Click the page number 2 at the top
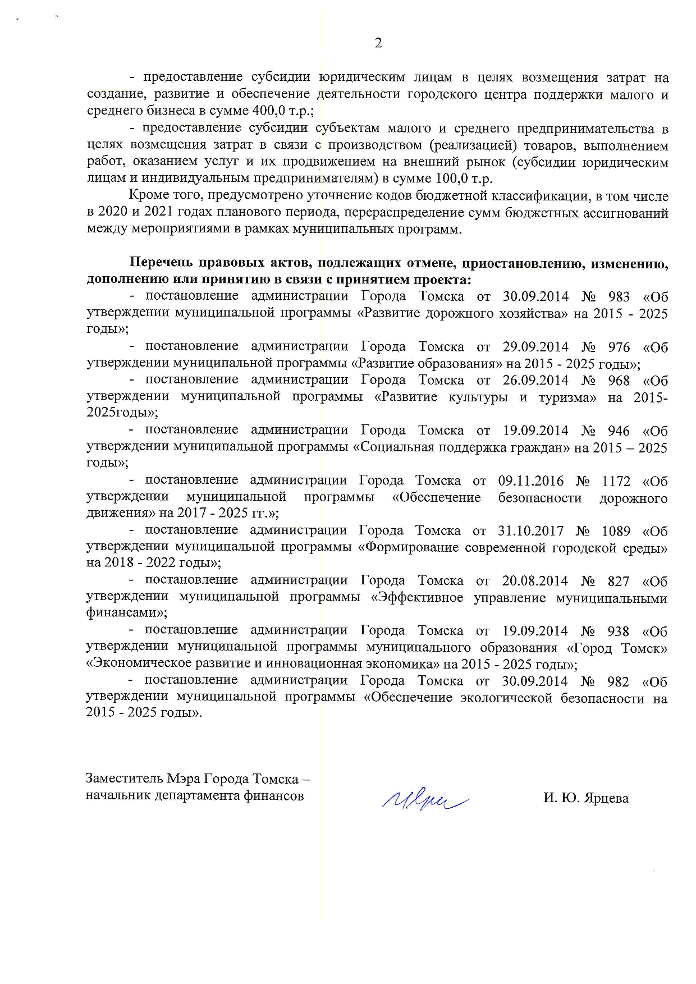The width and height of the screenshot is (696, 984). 378,43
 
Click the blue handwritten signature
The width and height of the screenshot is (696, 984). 425,797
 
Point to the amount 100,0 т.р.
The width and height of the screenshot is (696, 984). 464,179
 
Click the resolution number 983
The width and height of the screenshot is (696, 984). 619,296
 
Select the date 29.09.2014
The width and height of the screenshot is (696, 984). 535,347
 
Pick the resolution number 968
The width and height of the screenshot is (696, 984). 619,381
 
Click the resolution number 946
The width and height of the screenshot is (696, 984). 619,431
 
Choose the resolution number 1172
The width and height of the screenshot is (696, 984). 616,481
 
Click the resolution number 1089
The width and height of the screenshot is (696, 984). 616,531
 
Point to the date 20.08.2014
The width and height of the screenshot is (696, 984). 535,581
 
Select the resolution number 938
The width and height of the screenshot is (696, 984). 618,631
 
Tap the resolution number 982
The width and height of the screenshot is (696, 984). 618,681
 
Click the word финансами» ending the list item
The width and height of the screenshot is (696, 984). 126,613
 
